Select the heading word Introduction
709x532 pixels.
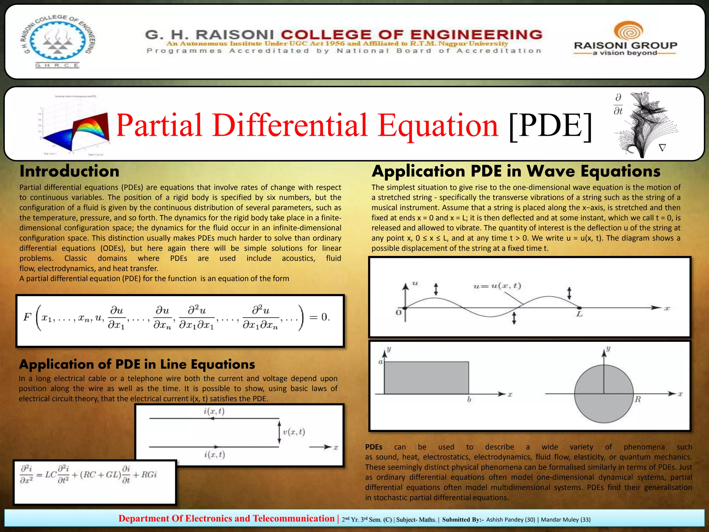click(x=70, y=171)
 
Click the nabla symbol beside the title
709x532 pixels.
click(x=662, y=148)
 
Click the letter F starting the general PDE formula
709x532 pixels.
click(x=27, y=317)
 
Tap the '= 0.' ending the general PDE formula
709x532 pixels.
click(x=319, y=317)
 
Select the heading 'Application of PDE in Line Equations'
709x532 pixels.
click(x=137, y=364)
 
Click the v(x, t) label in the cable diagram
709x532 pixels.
click(x=294, y=432)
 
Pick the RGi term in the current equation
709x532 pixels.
click(x=149, y=475)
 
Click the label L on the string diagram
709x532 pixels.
click(x=580, y=314)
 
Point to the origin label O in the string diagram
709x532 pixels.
click(x=398, y=312)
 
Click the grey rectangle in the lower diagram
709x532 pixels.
click(x=427, y=378)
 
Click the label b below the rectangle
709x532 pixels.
click(x=469, y=399)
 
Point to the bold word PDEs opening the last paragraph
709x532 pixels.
click(x=374, y=447)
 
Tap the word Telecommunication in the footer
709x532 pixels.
click(x=294, y=518)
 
